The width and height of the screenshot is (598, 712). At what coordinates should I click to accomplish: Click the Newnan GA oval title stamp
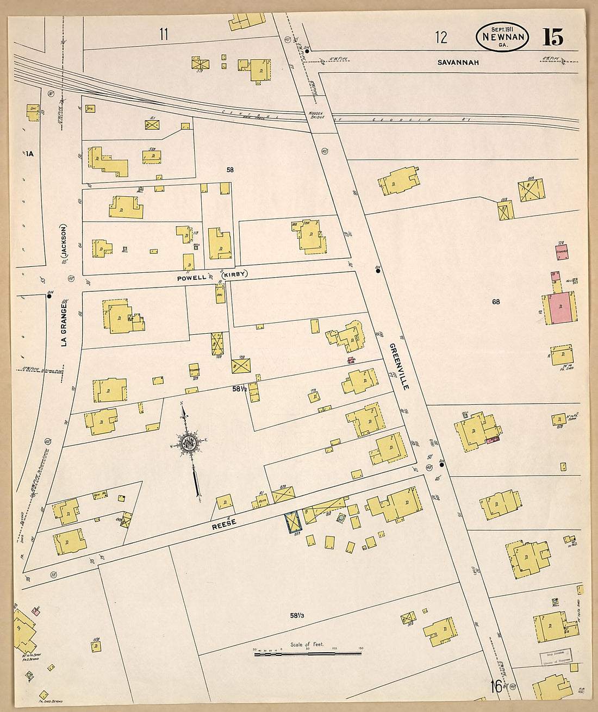pos(502,37)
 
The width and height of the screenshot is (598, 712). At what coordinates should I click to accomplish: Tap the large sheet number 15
pos(552,37)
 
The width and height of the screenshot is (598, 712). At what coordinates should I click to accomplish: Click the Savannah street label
pos(458,63)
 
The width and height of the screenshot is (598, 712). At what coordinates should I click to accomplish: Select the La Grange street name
pos(64,324)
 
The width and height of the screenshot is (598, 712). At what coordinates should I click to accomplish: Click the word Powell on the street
pos(191,277)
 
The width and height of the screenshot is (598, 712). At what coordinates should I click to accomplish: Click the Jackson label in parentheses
pos(64,241)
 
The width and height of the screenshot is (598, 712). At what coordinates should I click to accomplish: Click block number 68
pos(496,302)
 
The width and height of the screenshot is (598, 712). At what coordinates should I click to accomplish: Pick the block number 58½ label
pos(240,389)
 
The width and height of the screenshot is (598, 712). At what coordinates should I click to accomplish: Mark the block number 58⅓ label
pos(296,615)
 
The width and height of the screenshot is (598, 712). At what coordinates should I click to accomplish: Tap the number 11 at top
pos(164,35)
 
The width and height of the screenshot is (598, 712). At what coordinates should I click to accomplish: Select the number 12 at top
pos(441,37)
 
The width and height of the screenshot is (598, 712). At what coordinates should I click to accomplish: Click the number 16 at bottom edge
pos(496,686)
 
